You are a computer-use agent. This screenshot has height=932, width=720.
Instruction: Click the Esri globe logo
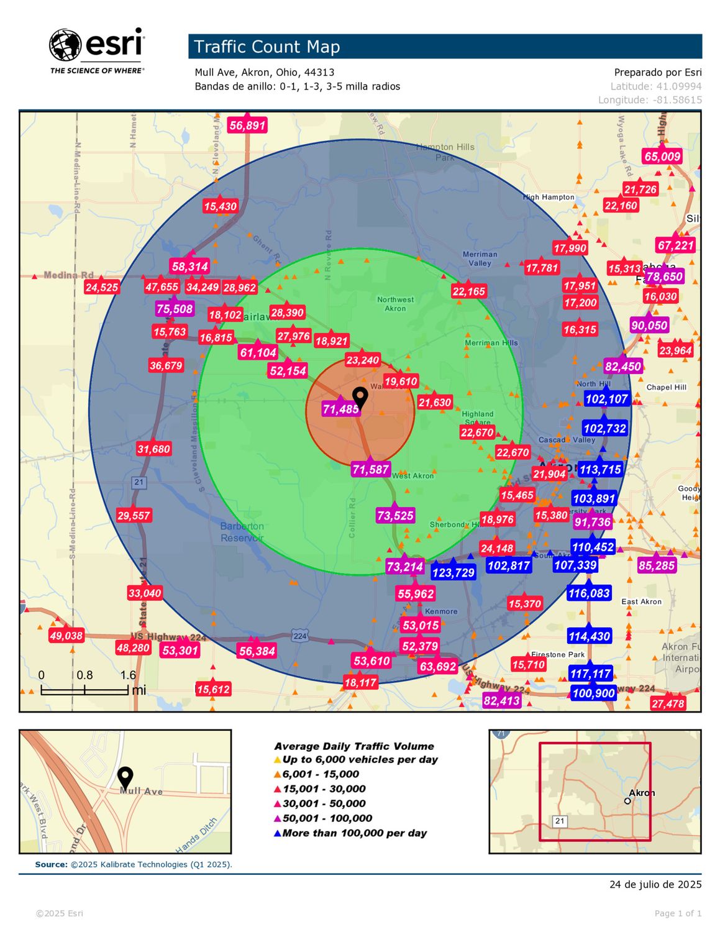coord(65,46)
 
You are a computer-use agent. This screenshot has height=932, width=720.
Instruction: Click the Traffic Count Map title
coord(267,47)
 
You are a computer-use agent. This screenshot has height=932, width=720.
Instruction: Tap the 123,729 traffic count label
coord(453,572)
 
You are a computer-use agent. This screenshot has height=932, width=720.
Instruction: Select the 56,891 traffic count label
coord(247,126)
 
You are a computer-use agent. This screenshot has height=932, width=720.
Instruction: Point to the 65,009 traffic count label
coord(662,157)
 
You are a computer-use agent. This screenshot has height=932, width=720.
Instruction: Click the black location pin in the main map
coord(360,397)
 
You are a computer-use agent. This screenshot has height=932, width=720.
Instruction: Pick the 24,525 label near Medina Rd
coord(102,287)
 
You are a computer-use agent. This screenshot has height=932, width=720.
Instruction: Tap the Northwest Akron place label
coord(395,304)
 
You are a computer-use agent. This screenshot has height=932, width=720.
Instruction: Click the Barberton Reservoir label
coord(242,532)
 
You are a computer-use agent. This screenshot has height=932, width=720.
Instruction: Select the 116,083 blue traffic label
coord(588,593)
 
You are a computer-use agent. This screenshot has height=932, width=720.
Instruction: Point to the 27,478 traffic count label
coord(668,704)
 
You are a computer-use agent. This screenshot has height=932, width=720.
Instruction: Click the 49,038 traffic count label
coord(66,636)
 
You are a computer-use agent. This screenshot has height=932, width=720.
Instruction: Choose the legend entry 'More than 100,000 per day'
coord(354,833)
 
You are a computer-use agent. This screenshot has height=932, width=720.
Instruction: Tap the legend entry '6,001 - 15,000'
coord(321,774)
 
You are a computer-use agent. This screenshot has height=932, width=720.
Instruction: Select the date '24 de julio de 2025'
coord(655,884)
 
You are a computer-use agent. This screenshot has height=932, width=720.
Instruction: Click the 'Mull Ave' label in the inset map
coord(141,792)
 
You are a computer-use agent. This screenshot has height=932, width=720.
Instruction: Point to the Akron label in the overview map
coord(642,793)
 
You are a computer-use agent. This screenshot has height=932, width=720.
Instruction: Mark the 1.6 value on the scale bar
coord(128,675)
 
